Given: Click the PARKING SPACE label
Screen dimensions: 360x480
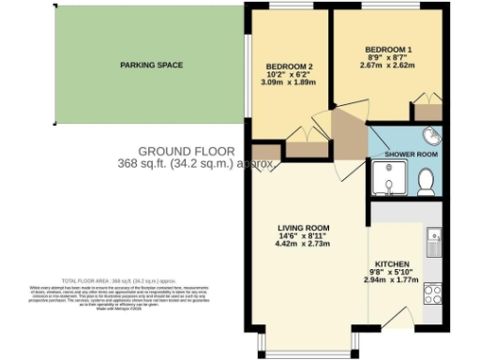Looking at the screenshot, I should tap(150, 65).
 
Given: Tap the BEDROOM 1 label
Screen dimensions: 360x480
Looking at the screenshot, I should tap(388, 48).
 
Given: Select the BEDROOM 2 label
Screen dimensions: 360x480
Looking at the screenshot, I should tap(290, 67).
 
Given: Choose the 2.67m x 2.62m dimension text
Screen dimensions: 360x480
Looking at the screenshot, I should tap(388, 67).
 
